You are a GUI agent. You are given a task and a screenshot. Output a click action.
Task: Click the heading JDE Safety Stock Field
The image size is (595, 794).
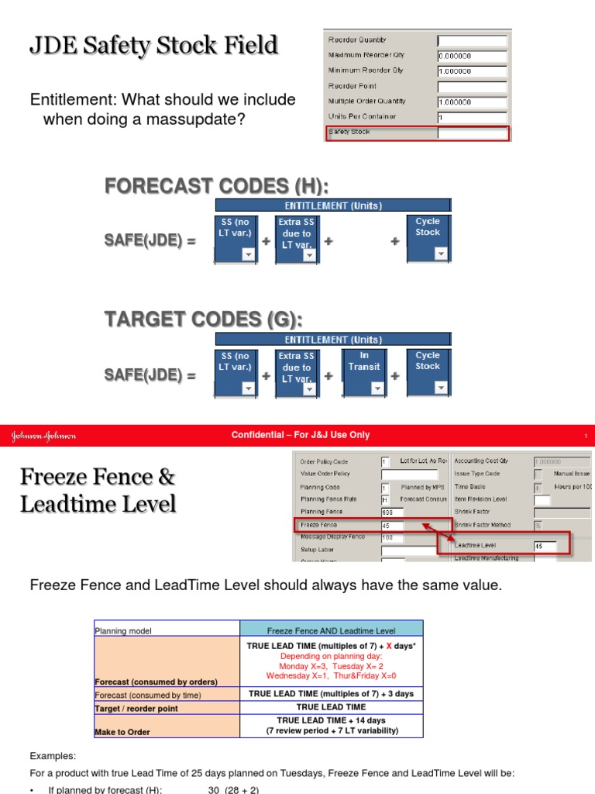point(153,46)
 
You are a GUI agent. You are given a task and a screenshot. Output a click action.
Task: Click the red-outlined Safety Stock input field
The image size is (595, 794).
point(473,133)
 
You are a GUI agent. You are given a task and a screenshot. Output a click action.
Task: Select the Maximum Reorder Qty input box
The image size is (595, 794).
point(473,56)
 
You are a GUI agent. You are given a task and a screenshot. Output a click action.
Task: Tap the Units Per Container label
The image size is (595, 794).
point(362,116)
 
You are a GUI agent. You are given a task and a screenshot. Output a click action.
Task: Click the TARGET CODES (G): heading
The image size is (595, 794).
point(203,320)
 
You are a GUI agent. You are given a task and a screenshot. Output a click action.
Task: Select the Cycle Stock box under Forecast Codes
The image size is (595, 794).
point(428,238)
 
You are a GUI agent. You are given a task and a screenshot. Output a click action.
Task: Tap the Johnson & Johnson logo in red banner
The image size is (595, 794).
point(43,436)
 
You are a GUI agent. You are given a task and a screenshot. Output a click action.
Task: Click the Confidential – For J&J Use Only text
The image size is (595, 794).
point(301,435)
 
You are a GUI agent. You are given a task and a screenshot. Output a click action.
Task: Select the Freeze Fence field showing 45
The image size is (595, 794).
point(391,525)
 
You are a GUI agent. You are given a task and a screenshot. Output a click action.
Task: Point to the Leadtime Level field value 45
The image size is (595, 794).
point(545,546)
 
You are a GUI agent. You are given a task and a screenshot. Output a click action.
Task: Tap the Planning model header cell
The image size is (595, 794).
point(167,628)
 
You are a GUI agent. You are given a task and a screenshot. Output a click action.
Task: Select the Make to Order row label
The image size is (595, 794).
point(122,731)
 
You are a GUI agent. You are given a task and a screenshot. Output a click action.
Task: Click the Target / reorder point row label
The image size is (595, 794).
point(136,708)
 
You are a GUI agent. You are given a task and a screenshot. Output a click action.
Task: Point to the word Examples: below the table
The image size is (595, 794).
point(52,755)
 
